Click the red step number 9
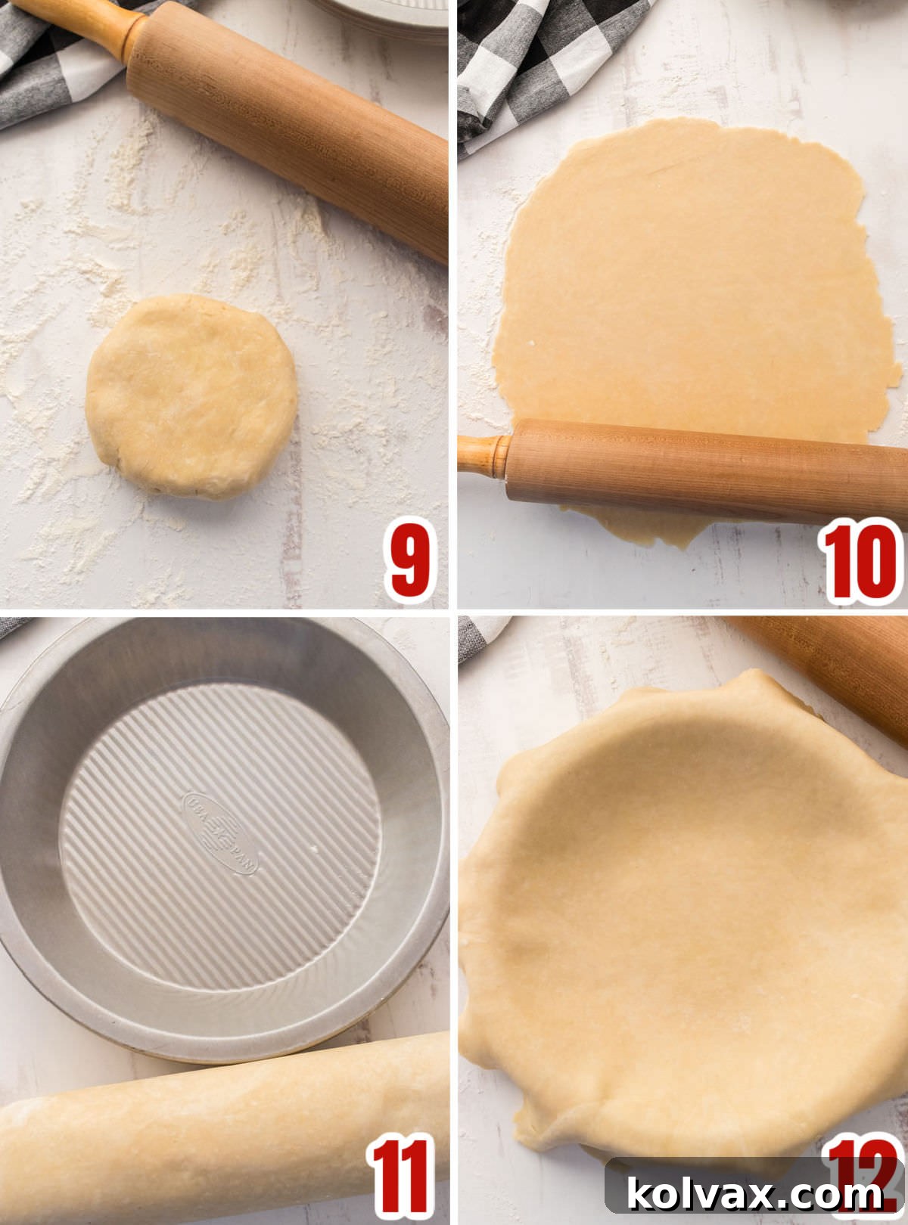(x=409, y=560)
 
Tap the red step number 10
(x=861, y=560)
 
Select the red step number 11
(x=401, y=1177)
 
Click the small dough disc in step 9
(x=191, y=396)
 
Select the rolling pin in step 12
(x=832, y=665)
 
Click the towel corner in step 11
(x=11, y=625)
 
